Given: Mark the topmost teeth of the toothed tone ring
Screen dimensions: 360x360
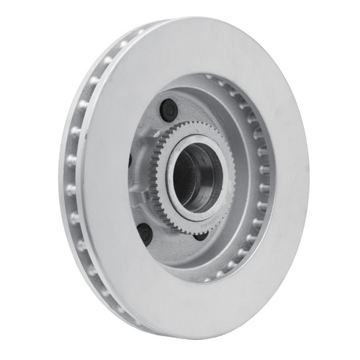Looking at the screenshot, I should coord(189,125).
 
